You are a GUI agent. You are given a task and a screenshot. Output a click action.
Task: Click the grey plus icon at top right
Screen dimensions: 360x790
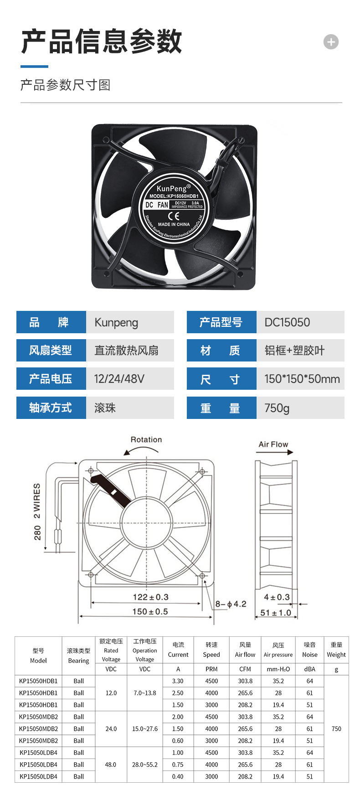[x=331, y=42]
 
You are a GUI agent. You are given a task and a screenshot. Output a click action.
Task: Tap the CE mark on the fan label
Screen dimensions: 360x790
[x=174, y=216]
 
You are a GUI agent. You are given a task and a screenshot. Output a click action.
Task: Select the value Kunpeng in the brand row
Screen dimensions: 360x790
[x=116, y=323]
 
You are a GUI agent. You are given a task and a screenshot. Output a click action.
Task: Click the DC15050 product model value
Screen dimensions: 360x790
[x=287, y=322]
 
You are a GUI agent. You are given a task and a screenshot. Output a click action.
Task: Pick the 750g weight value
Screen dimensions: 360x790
[x=277, y=408]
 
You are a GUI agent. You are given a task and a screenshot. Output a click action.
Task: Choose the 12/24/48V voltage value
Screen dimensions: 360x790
[x=119, y=379]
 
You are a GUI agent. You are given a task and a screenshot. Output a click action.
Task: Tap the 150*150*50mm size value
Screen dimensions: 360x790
[x=302, y=379]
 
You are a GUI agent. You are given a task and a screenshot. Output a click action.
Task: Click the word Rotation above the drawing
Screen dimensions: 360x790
[x=146, y=439]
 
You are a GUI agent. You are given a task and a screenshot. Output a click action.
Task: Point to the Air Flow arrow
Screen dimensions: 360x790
[x=275, y=452]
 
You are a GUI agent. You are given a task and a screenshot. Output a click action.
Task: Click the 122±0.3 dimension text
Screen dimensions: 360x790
[x=150, y=597]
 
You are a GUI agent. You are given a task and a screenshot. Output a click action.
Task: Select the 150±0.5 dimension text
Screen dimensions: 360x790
[x=150, y=611]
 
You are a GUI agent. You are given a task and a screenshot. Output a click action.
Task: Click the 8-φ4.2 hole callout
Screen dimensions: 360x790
[x=231, y=604]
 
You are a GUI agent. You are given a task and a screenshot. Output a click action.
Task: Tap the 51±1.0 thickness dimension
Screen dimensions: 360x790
[x=276, y=613]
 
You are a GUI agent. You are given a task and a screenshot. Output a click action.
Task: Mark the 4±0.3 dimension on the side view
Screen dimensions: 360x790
[x=277, y=597]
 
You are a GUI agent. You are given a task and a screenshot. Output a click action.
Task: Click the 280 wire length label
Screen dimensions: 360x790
[x=37, y=532]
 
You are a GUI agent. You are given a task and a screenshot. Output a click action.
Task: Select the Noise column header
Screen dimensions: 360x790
[x=310, y=655]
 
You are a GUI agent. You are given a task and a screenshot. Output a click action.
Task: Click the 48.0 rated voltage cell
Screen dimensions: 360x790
[x=111, y=764]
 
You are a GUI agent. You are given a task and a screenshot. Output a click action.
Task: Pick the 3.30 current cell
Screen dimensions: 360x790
[x=178, y=681]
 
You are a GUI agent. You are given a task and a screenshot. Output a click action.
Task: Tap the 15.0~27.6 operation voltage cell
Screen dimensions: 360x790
[x=145, y=729]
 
